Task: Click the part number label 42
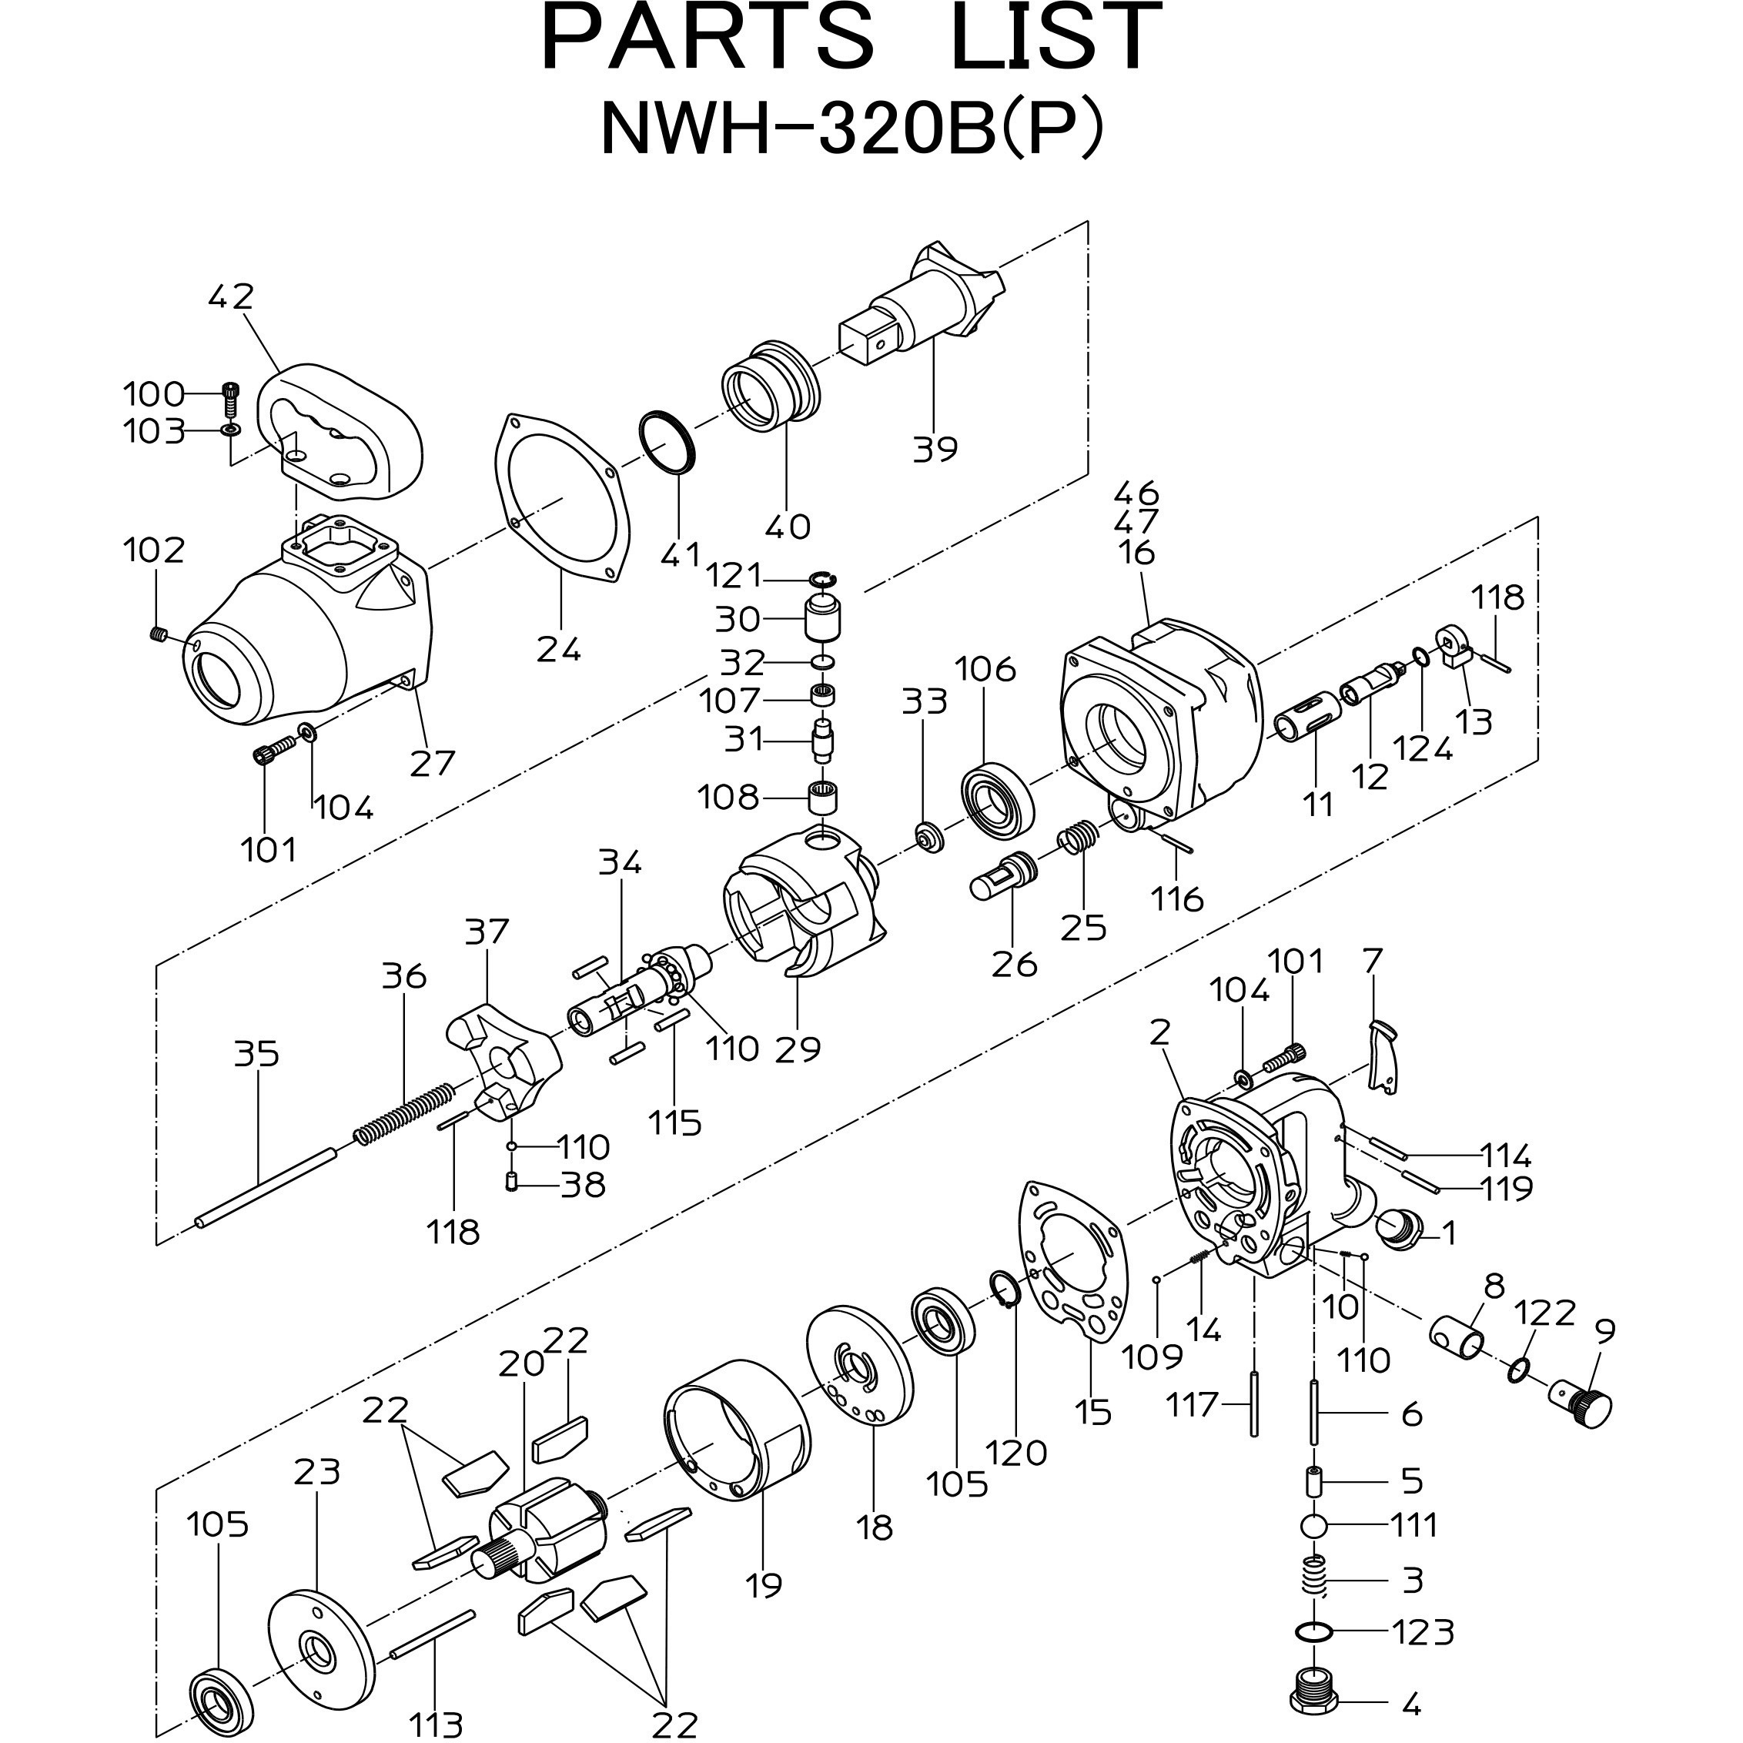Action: pyautogui.click(x=231, y=297)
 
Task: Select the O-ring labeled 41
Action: pyautogui.click(x=667, y=442)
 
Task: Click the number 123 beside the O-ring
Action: pyautogui.click(x=1422, y=1632)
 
